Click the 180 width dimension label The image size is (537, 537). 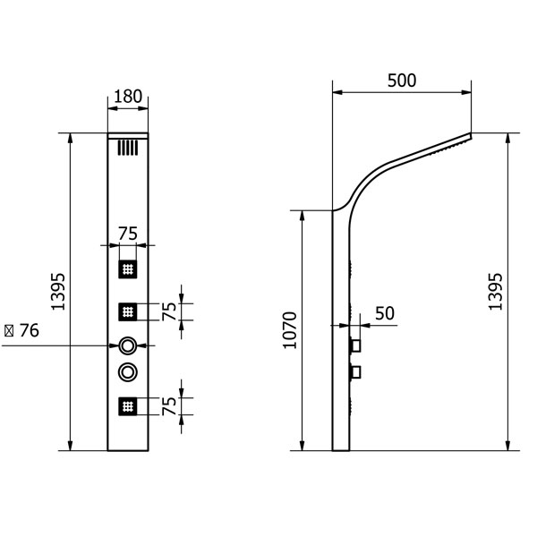(128, 97)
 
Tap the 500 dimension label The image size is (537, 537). (402, 81)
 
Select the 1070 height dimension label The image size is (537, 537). (290, 330)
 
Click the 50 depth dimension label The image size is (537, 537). (385, 313)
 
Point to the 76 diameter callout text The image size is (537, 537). (30, 330)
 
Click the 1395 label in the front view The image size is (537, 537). (58, 292)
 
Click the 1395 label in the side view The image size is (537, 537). (495, 292)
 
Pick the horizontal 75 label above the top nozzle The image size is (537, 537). (128, 234)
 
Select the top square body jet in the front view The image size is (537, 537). (128, 269)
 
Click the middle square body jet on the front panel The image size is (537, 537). (128, 311)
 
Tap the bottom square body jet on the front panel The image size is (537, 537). (128, 406)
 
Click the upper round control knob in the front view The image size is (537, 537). (128, 345)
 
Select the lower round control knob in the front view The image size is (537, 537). (128, 372)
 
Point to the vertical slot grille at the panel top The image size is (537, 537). (128, 148)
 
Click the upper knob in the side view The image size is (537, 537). (355, 345)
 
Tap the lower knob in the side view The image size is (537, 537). (355, 372)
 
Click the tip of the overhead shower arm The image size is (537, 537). (471, 134)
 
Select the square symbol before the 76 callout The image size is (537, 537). (9, 331)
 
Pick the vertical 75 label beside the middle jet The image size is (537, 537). (169, 311)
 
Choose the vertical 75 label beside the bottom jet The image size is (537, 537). (169, 406)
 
